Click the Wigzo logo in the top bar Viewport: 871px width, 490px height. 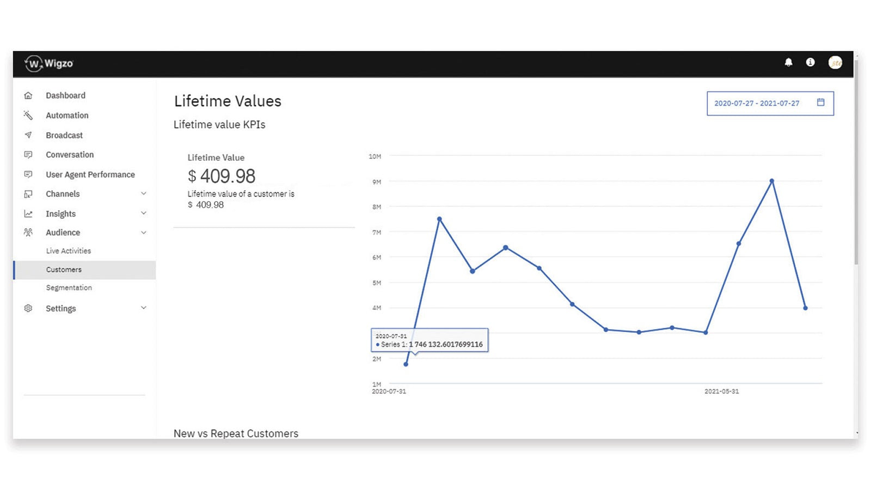(x=49, y=64)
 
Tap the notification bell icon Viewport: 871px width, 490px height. (x=788, y=63)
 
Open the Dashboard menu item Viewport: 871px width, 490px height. (x=65, y=95)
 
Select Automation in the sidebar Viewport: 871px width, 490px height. (x=67, y=115)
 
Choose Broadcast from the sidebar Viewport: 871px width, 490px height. (x=64, y=135)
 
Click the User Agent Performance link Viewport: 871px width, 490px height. (x=90, y=174)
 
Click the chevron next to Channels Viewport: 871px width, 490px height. (x=144, y=194)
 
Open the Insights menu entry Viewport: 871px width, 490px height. (x=61, y=213)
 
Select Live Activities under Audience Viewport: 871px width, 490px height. (x=69, y=251)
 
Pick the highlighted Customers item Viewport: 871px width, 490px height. (x=64, y=269)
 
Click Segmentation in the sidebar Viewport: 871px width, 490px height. (x=69, y=287)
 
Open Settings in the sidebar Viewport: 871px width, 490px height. (x=61, y=308)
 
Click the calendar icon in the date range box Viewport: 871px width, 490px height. (x=821, y=102)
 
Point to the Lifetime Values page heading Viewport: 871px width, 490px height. (x=228, y=101)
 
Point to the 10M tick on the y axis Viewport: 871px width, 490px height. (x=375, y=156)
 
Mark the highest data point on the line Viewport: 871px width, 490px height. (x=772, y=181)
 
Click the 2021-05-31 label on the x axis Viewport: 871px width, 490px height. (x=722, y=391)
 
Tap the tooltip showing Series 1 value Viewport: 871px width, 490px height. (x=430, y=340)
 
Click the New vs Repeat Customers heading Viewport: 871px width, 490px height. (x=236, y=433)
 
